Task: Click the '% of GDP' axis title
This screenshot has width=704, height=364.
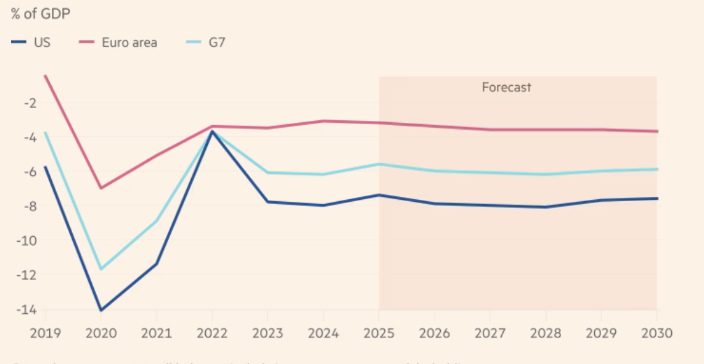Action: pyautogui.click(x=41, y=14)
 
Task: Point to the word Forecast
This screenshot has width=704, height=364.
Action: pyautogui.click(x=506, y=87)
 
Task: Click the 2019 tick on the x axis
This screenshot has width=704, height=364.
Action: pyautogui.click(x=46, y=333)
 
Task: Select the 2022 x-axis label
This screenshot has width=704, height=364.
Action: pyautogui.click(x=212, y=333)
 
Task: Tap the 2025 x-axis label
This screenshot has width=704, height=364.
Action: pyautogui.click(x=379, y=333)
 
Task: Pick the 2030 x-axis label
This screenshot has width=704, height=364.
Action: pyautogui.click(x=657, y=333)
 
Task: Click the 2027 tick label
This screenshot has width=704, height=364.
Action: pyautogui.click(x=490, y=333)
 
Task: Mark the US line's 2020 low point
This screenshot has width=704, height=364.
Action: pyautogui.click(x=101, y=310)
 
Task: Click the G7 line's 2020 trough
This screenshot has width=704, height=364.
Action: pyautogui.click(x=101, y=269)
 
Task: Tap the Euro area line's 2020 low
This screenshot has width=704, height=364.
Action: pyautogui.click(x=101, y=188)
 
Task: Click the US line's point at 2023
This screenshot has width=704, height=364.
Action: pyautogui.click(x=268, y=202)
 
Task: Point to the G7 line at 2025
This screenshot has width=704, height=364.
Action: pyautogui.click(x=379, y=164)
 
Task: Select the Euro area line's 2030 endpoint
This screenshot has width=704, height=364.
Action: pyautogui.click(x=657, y=131)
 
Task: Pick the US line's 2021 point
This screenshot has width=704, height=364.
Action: pyautogui.click(x=157, y=264)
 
